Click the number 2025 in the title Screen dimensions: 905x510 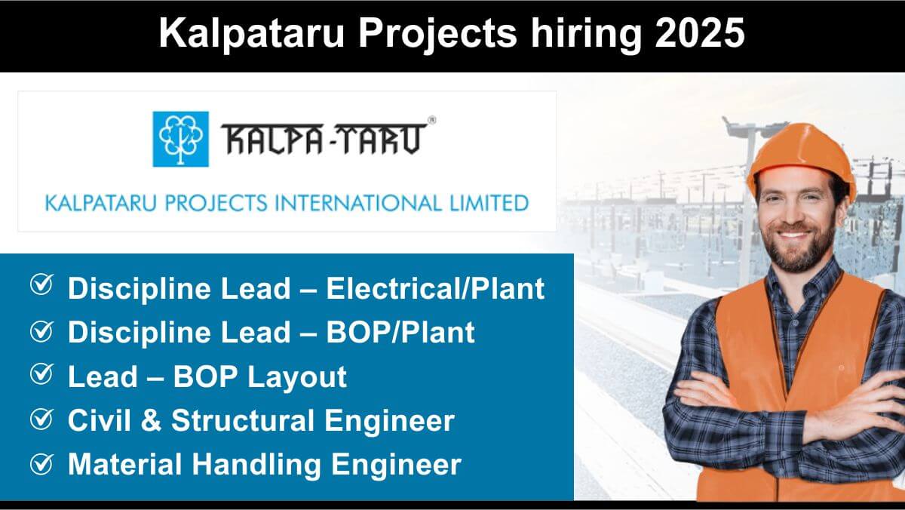(x=700, y=33)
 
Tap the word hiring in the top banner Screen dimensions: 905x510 (x=586, y=35)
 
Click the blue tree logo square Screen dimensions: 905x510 (x=180, y=139)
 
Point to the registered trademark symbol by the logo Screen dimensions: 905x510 (x=431, y=120)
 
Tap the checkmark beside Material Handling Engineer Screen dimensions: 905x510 (x=42, y=463)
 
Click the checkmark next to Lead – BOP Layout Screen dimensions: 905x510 (x=42, y=373)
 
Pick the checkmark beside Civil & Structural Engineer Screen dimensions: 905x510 (x=42, y=419)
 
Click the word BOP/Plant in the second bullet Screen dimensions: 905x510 (x=400, y=332)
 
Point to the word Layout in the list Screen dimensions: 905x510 (x=297, y=377)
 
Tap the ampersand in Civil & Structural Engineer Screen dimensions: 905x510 (x=151, y=420)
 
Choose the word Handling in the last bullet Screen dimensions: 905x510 (x=256, y=465)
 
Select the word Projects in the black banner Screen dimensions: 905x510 (x=437, y=35)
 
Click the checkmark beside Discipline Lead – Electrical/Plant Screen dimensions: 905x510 (x=42, y=285)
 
